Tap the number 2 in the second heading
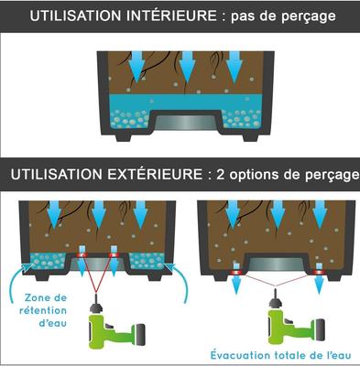point(221,175)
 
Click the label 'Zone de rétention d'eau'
point(44,310)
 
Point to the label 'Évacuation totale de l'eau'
point(281,355)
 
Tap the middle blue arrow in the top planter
point(187,67)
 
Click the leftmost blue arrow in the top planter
point(137,67)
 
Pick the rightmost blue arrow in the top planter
point(235,67)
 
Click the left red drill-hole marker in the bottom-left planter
point(82,255)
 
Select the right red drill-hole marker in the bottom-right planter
point(319,273)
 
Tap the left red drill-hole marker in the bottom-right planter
point(236,273)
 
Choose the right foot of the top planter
point(251,136)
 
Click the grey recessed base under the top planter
point(187,123)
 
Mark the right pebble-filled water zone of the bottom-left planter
point(147,261)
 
